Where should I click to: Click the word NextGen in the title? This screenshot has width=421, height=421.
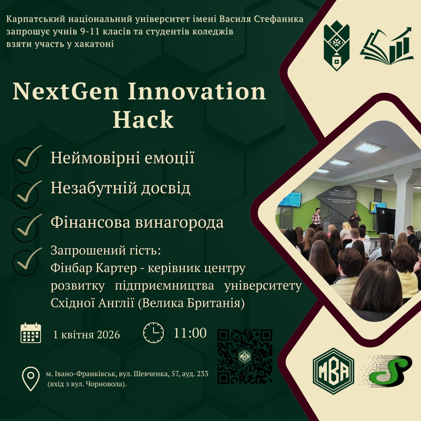pos(65,92)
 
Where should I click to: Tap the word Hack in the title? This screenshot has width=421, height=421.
pos(143,120)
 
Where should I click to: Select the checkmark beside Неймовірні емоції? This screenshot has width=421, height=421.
pos(27,158)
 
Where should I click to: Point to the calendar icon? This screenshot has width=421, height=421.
pos(31,333)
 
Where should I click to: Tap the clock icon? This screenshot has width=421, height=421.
pos(153,333)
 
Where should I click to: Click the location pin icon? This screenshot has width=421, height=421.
pos(31,379)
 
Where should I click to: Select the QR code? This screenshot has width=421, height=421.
pos(244,356)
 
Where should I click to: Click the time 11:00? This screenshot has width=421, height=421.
pos(190,333)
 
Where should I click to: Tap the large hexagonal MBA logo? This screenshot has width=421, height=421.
pos(333,371)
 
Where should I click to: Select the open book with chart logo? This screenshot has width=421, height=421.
pos(387,46)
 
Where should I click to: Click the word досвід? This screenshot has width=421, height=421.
pos(166,188)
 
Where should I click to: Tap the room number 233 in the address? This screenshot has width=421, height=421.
pos(202,374)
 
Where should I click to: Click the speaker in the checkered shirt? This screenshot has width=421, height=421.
pos(317,216)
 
